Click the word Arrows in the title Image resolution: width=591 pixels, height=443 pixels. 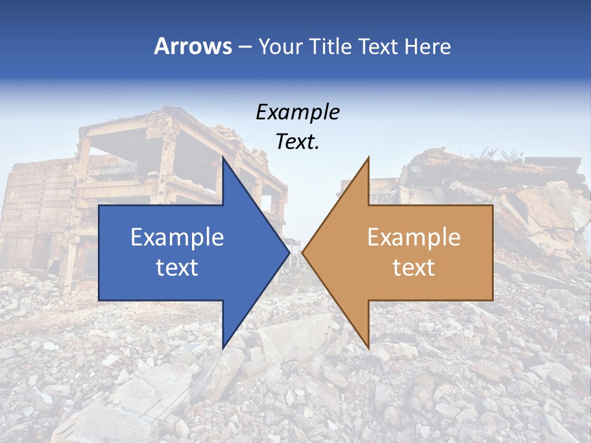[193, 46]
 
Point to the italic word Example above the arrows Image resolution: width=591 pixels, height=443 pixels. [297, 113]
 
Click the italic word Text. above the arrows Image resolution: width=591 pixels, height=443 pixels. [297, 142]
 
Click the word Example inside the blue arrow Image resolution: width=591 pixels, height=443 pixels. [177, 237]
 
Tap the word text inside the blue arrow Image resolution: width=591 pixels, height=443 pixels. [177, 268]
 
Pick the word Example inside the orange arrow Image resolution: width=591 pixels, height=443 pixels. [414, 237]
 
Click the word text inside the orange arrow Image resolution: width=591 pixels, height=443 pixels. [414, 268]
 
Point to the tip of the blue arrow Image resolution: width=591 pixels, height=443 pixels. [288, 252]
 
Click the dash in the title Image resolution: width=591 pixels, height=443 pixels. [244, 47]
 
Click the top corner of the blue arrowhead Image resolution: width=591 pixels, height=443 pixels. [223, 157]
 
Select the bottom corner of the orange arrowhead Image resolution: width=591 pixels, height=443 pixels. [368, 348]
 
